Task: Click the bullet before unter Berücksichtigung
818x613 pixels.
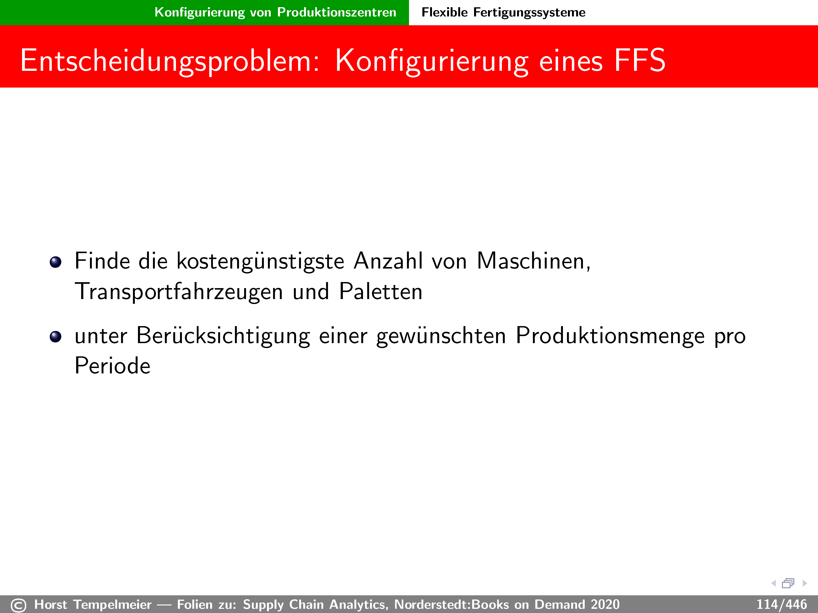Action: [55, 337]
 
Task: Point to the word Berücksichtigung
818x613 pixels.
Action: [223, 336]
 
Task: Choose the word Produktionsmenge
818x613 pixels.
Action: [610, 336]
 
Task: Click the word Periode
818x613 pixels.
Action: [112, 366]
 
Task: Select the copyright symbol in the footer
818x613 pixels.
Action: [19, 605]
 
